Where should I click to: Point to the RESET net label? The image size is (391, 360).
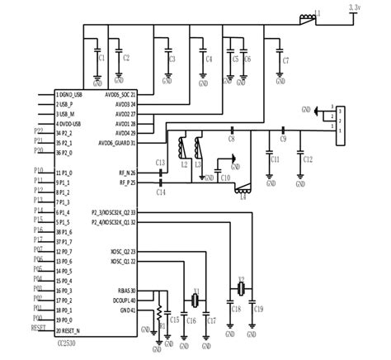(37, 328)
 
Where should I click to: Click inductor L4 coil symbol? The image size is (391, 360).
(243, 187)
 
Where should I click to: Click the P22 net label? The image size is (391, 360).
(39, 131)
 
